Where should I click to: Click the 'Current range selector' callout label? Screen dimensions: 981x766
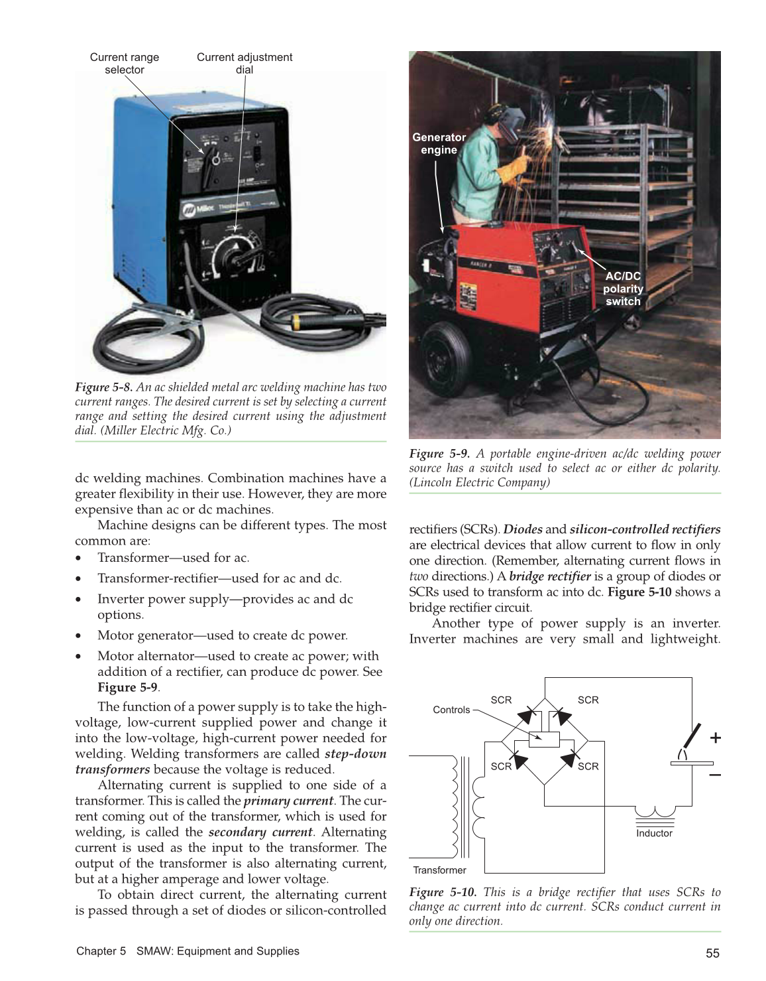(x=125, y=63)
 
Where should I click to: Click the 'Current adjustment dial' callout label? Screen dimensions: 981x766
(x=244, y=63)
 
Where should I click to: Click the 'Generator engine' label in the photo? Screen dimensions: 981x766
(x=439, y=143)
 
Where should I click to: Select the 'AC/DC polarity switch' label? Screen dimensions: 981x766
(x=623, y=289)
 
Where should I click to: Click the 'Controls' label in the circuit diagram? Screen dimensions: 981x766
(x=451, y=710)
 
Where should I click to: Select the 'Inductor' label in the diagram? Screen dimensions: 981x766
(x=654, y=833)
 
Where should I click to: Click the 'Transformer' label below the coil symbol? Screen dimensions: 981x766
(x=439, y=870)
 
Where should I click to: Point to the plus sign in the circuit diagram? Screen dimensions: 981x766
(x=716, y=738)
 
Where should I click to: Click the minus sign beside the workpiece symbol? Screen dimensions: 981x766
(x=716, y=775)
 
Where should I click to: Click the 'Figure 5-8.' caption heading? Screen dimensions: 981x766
(x=103, y=387)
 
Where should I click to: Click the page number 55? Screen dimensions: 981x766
(x=712, y=953)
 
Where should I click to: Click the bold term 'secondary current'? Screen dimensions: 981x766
(x=260, y=832)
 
